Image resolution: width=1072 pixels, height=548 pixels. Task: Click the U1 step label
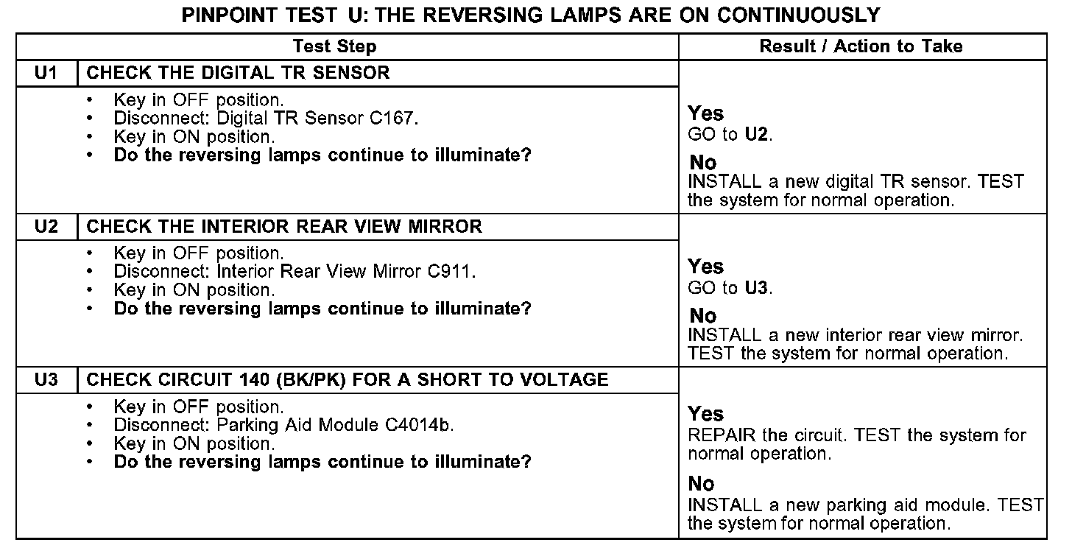click(46, 73)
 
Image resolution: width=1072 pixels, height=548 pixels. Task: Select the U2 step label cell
click(46, 226)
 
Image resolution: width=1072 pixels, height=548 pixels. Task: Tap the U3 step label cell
click(46, 380)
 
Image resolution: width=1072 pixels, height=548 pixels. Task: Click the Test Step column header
click(334, 47)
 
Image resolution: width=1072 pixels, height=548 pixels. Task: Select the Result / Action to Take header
click(861, 47)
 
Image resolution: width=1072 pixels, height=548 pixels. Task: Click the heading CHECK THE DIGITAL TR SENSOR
click(239, 73)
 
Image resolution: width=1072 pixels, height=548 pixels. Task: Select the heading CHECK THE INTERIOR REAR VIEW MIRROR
click(284, 226)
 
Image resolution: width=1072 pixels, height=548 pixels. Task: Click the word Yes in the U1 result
click(705, 114)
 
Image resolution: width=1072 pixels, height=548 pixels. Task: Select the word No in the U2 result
click(702, 316)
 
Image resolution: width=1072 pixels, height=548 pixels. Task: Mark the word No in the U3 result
click(701, 484)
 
